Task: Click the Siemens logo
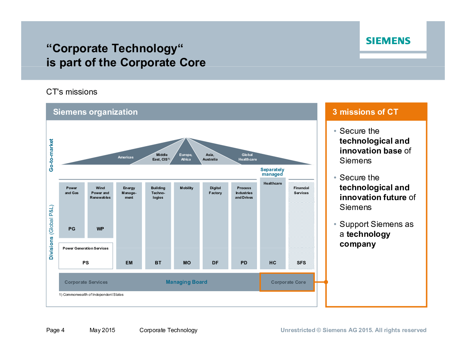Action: click(x=388, y=41)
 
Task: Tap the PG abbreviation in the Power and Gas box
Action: click(x=72, y=229)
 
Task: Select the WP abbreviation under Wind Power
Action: click(x=100, y=229)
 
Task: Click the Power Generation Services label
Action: click(x=85, y=248)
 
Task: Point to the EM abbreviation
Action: click(x=129, y=263)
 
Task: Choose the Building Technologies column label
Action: click(x=158, y=193)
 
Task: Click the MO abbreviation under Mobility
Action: click(x=187, y=263)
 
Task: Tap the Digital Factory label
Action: click(x=215, y=190)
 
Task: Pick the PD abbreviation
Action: click(x=244, y=263)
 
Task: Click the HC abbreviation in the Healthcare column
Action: click(x=273, y=263)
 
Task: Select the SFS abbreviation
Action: click(x=301, y=263)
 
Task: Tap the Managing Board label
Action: click(x=186, y=282)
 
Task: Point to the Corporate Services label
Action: click(x=86, y=282)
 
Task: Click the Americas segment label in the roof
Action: click(x=125, y=157)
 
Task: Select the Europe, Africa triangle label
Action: click(x=186, y=157)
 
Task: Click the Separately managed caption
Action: click(x=272, y=172)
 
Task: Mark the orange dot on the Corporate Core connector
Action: click(x=326, y=282)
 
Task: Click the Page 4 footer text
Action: click(x=55, y=330)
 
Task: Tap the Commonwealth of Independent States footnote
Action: click(x=91, y=295)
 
